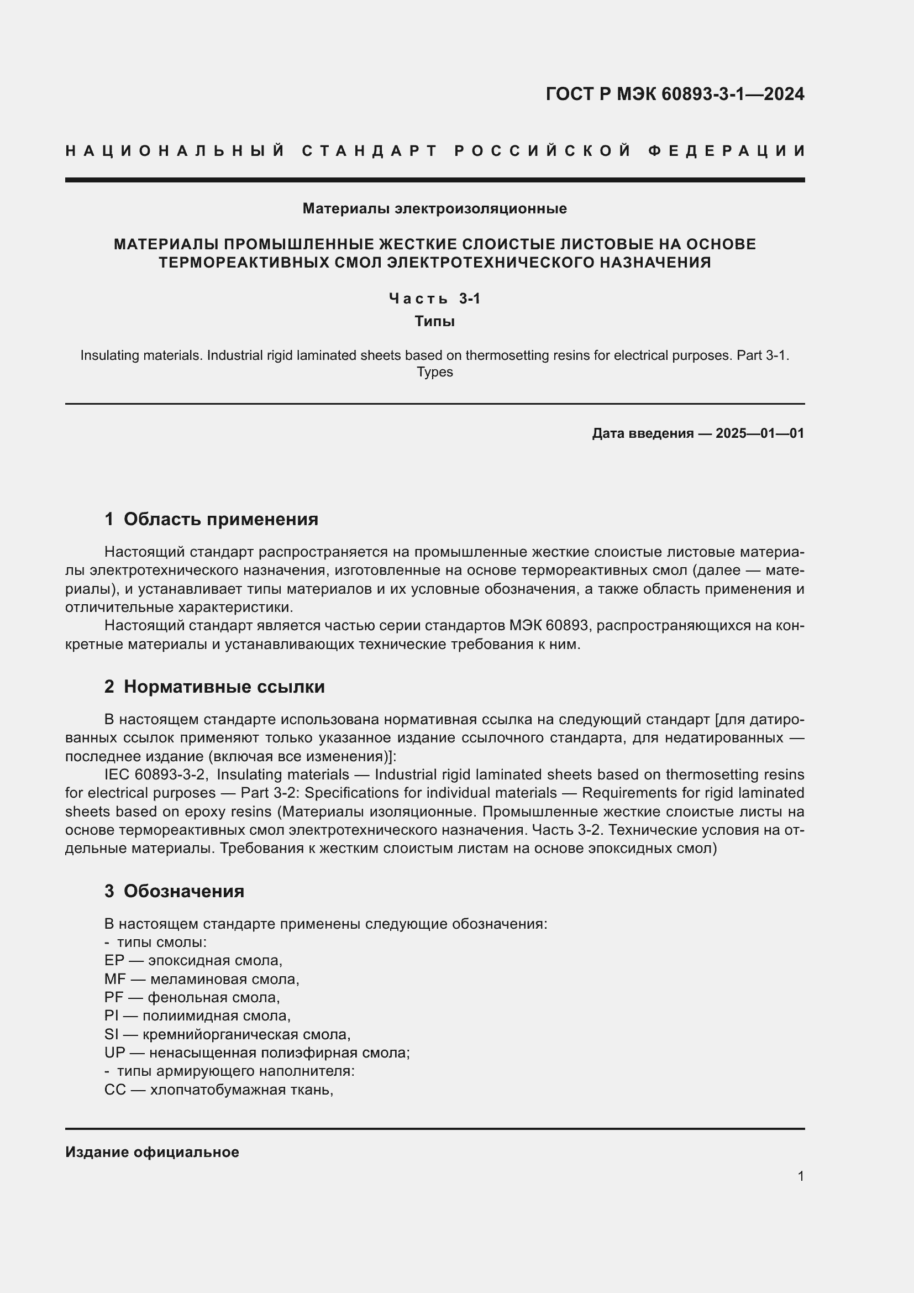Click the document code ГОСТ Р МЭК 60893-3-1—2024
tap(675, 94)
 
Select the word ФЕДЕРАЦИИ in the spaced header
tap(726, 151)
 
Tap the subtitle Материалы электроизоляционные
tap(434, 209)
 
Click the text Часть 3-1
tap(434, 299)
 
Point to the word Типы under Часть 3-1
tap(434, 322)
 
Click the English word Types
tap(434, 372)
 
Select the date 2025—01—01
tap(760, 433)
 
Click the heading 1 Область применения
tap(212, 519)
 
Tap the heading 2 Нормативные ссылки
tap(215, 687)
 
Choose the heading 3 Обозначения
tap(175, 891)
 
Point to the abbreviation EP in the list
tap(114, 961)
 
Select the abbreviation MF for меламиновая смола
tap(115, 980)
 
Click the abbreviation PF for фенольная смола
tap(114, 998)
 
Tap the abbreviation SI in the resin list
tap(112, 1034)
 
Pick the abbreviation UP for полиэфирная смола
tap(114, 1053)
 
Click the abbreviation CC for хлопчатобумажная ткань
tap(115, 1090)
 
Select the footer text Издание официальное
tap(152, 1152)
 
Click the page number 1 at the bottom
tap(800, 1176)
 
